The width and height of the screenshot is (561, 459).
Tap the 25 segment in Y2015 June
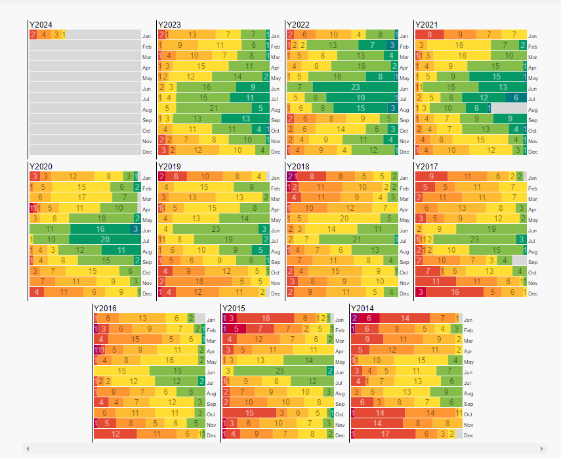(x=280, y=371)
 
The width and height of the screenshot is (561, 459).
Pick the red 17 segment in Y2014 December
(x=386, y=434)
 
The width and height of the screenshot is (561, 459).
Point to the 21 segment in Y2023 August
(x=213, y=108)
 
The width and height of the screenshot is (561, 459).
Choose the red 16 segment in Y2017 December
(x=455, y=292)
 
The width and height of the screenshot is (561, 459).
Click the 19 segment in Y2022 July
(x=361, y=98)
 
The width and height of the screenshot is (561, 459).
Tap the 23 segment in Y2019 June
(x=216, y=229)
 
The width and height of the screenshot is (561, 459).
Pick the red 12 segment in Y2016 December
(x=115, y=434)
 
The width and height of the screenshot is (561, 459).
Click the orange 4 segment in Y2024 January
(x=44, y=35)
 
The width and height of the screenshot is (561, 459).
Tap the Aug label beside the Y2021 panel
(x=532, y=109)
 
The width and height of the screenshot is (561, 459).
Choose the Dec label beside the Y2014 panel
(x=468, y=435)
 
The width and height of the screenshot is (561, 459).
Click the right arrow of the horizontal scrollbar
(x=542, y=448)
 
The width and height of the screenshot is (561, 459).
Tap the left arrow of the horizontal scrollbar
(x=27, y=448)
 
